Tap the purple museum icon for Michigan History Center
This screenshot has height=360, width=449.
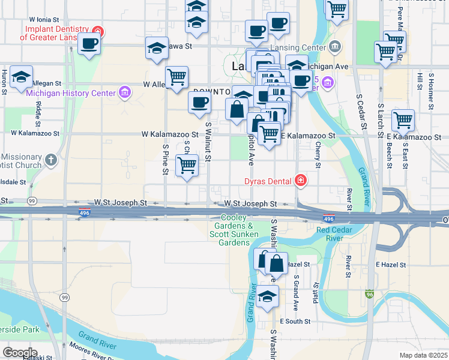coord(124,92)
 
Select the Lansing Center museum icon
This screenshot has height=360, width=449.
coord(335,46)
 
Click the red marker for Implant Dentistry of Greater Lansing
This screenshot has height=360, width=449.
coord(100,31)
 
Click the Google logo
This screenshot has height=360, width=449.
coord(19,352)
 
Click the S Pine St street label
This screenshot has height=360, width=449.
coord(165,159)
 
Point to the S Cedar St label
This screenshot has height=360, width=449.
coord(361,112)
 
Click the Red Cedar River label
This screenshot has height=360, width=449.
coord(337,234)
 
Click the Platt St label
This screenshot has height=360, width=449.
coord(315,293)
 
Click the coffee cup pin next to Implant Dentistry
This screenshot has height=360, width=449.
coord(89,43)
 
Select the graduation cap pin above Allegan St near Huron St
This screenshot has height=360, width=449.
coord(21,77)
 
